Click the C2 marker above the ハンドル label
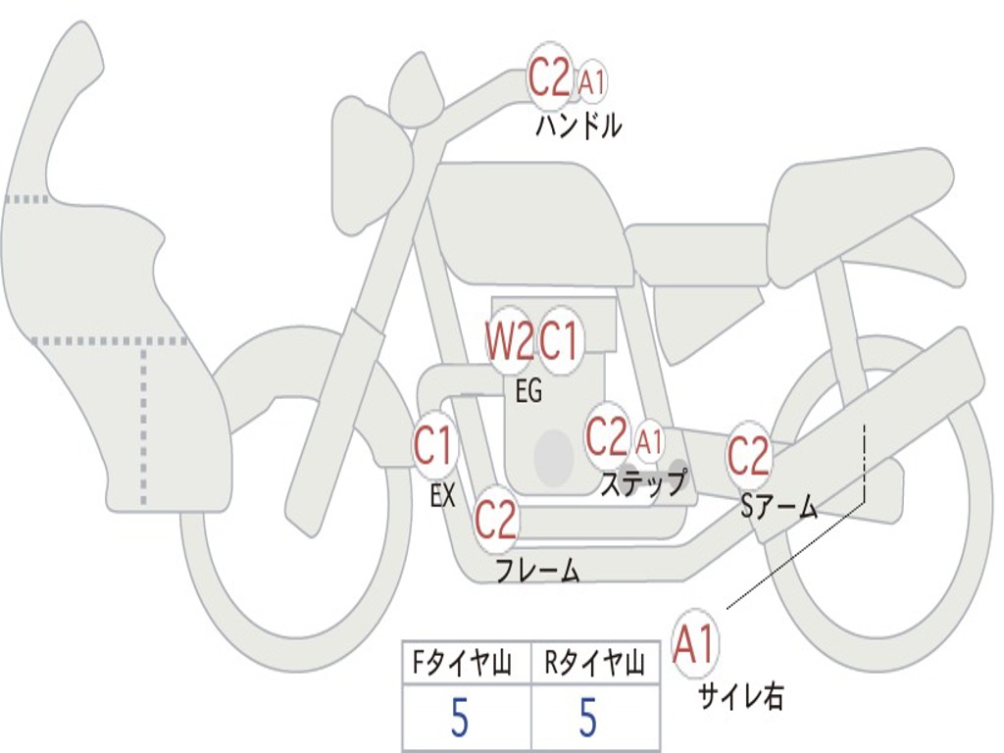549,77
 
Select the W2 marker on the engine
510,341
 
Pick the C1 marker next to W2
561,341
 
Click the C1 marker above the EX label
433,447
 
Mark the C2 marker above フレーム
496,519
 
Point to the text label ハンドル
578,126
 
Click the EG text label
528,392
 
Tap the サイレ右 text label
740,696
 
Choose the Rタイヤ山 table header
594,666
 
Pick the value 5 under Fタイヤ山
460,719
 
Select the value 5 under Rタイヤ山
587,719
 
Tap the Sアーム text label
778,506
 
